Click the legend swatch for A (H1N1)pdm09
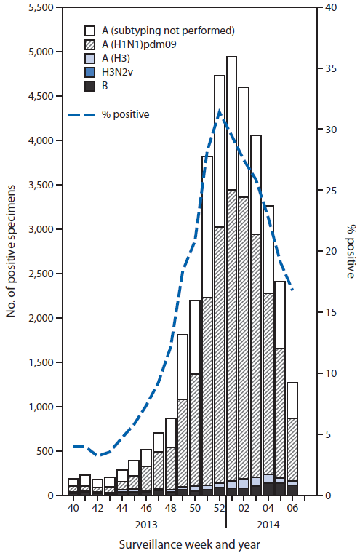90,45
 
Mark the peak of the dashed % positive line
220,111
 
